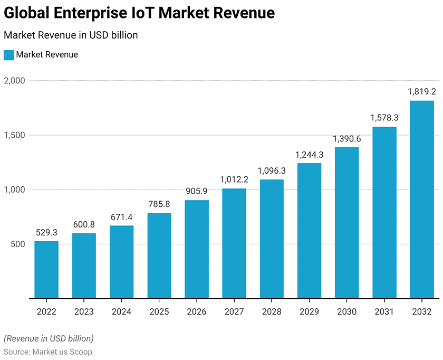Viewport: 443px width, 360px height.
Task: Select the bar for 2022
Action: (46, 270)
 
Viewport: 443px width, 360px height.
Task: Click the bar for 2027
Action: (234, 243)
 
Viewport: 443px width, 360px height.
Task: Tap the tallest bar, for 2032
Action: (422, 200)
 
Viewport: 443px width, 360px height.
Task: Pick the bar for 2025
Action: (159, 255)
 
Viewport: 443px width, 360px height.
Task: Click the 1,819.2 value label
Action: (422, 91)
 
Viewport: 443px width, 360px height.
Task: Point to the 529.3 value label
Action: (46, 232)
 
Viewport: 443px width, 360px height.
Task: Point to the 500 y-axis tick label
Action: (18, 244)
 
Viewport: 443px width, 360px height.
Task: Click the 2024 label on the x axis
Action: (121, 312)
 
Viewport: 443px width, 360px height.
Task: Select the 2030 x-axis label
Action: (346, 312)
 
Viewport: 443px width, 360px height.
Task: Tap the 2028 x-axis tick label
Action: (272, 312)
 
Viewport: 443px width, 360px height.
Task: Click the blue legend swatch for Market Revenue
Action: (8, 55)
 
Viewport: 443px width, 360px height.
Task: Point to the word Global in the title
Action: (27, 13)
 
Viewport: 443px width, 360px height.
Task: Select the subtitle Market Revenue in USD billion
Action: (71, 35)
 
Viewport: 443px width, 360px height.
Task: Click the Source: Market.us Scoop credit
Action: (48, 352)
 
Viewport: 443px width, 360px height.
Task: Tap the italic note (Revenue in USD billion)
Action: (49, 338)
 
